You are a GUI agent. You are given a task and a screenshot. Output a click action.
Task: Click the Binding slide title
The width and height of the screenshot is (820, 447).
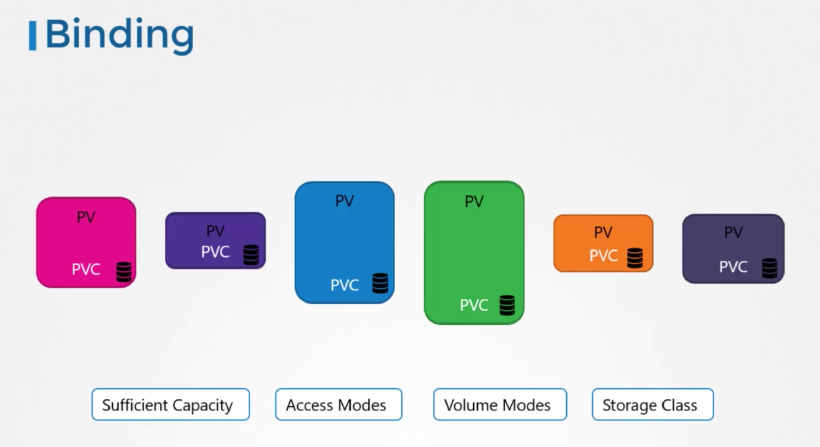(x=119, y=35)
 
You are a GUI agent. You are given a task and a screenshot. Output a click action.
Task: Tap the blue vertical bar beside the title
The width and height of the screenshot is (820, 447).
(x=32, y=35)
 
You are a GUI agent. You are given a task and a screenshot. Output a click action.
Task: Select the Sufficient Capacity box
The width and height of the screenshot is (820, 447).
(x=171, y=404)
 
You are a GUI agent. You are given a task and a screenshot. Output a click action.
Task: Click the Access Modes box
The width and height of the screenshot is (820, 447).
(x=338, y=404)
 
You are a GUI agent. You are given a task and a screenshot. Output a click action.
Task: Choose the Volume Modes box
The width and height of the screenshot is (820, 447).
(x=500, y=404)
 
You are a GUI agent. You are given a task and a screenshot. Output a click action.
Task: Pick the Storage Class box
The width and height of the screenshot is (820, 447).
(x=652, y=404)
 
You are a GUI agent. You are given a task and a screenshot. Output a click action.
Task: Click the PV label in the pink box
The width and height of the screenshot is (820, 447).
(x=86, y=217)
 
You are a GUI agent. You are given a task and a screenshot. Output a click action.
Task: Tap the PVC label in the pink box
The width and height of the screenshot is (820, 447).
(x=86, y=269)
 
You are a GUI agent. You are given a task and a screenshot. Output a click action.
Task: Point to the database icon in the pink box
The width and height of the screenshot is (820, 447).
(x=124, y=272)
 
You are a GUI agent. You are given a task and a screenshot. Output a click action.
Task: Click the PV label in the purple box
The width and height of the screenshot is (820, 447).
(x=215, y=231)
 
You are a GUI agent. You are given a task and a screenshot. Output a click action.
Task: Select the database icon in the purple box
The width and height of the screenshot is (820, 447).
(x=251, y=255)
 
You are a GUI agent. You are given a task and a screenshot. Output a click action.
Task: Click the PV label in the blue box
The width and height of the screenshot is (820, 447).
(x=344, y=201)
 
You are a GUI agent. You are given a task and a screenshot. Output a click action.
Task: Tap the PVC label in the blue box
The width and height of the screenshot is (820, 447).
(x=344, y=285)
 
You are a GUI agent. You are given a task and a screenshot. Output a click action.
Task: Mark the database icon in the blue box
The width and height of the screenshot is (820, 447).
(x=380, y=283)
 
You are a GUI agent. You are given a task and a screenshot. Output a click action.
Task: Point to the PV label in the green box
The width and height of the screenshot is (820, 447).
(x=474, y=202)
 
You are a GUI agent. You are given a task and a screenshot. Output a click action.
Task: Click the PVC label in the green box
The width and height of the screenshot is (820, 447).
(x=474, y=305)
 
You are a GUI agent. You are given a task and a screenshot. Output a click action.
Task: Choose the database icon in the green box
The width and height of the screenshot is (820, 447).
(x=507, y=305)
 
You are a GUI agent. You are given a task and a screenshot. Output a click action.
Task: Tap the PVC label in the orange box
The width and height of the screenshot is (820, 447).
(x=603, y=256)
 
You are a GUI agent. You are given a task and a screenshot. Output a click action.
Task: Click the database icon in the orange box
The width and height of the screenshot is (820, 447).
(x=635, y=258)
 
